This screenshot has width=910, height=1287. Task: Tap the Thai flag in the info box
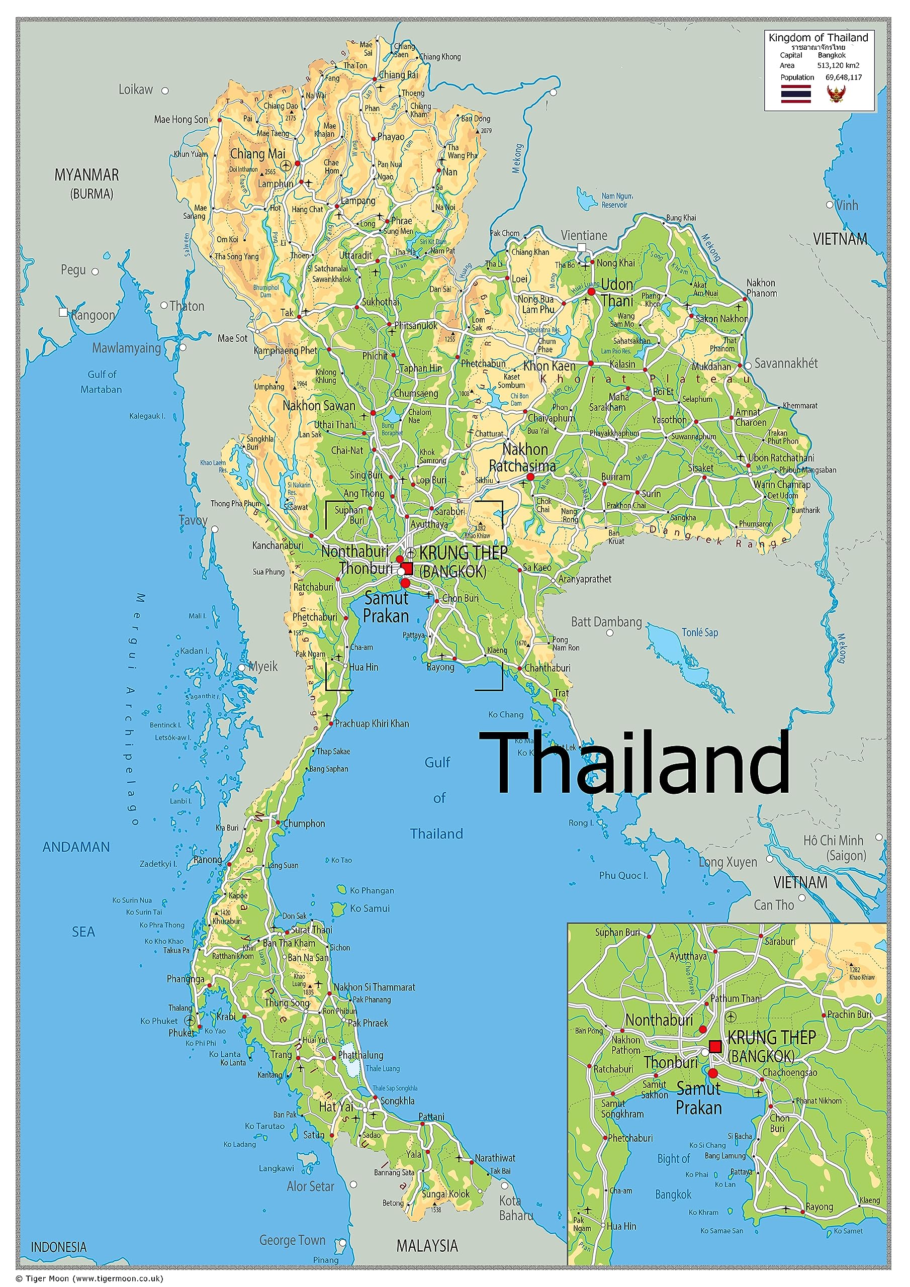(795, 94)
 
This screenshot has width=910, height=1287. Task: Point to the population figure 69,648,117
(843, 77)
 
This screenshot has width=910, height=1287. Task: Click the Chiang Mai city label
(257, 154)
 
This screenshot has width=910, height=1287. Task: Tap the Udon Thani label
(617, 292)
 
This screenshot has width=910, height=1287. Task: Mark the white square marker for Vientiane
(582, 247)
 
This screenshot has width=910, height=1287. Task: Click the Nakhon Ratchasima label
(522, 457)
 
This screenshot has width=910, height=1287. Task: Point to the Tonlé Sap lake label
(700, 632)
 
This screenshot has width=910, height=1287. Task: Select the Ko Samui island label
(370, 908)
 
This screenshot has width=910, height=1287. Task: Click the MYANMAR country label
(86, 175)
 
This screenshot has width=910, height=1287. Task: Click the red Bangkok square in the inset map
(715, 1047)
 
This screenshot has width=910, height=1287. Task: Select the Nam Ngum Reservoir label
(616, 201)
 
